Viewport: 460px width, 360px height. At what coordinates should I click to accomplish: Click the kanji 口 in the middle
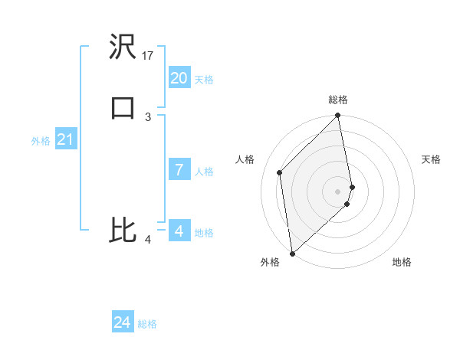pos(123,106)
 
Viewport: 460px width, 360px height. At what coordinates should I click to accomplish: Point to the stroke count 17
pos(148,56)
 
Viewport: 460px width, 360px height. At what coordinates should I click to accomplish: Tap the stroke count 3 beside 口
pos(148,116)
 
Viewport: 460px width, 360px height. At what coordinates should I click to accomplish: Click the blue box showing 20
pos(179,77)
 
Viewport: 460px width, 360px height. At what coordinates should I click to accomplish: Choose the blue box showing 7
pos(179,169)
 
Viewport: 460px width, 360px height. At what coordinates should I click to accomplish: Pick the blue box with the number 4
pos(179,231)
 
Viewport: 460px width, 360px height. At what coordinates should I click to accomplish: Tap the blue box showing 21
pos(66,139)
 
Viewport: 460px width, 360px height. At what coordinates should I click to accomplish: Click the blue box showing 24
pos(123,322)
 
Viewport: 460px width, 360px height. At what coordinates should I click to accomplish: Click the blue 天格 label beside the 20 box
pos(203,80)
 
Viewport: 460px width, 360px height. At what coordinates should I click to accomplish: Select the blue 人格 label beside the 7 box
pos(204,172)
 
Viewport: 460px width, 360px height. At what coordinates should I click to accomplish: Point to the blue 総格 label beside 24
pos(147,325)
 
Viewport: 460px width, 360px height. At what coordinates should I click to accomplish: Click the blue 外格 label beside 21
pos(41,141)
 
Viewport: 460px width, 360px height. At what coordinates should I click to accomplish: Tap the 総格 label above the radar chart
pos(338,100)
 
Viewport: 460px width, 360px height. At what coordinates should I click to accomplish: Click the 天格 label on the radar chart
pos(432,159)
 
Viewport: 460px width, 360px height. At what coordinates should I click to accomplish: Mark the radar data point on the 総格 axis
pos(338,116)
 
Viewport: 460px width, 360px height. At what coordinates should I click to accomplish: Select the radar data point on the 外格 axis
pos(291,253)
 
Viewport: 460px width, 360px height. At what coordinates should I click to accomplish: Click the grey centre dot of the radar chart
pos(338,190)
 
